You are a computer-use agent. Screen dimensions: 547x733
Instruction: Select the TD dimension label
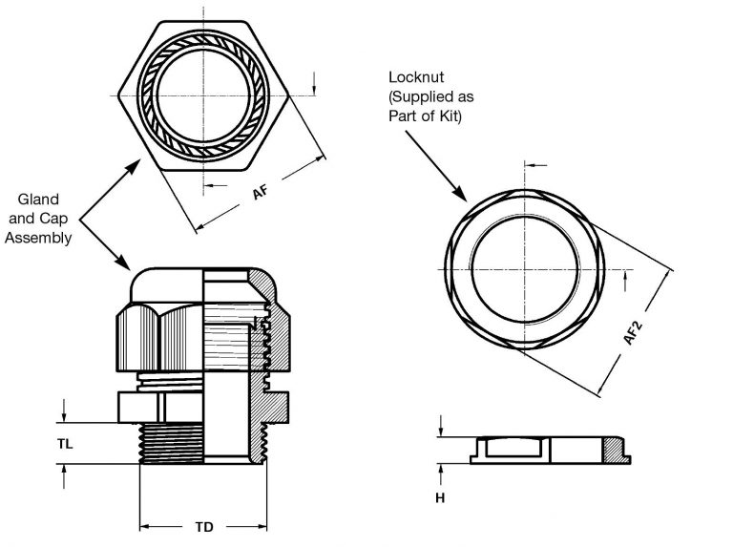pyautogui.click(x=204, y=526)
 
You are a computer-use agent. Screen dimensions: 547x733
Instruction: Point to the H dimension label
pyautogui.click(x=441, y=498)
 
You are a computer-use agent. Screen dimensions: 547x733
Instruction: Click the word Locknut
pyautogui.click(x=417, y=76)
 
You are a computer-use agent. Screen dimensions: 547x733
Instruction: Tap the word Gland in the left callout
pyautogui.click(x=39, y=200)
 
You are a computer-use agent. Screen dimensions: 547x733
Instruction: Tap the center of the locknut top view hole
pyautogui.click(x=523, y=269)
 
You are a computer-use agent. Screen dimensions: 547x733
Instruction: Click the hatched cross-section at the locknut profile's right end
pyautogui.click(x=620, y=452)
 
